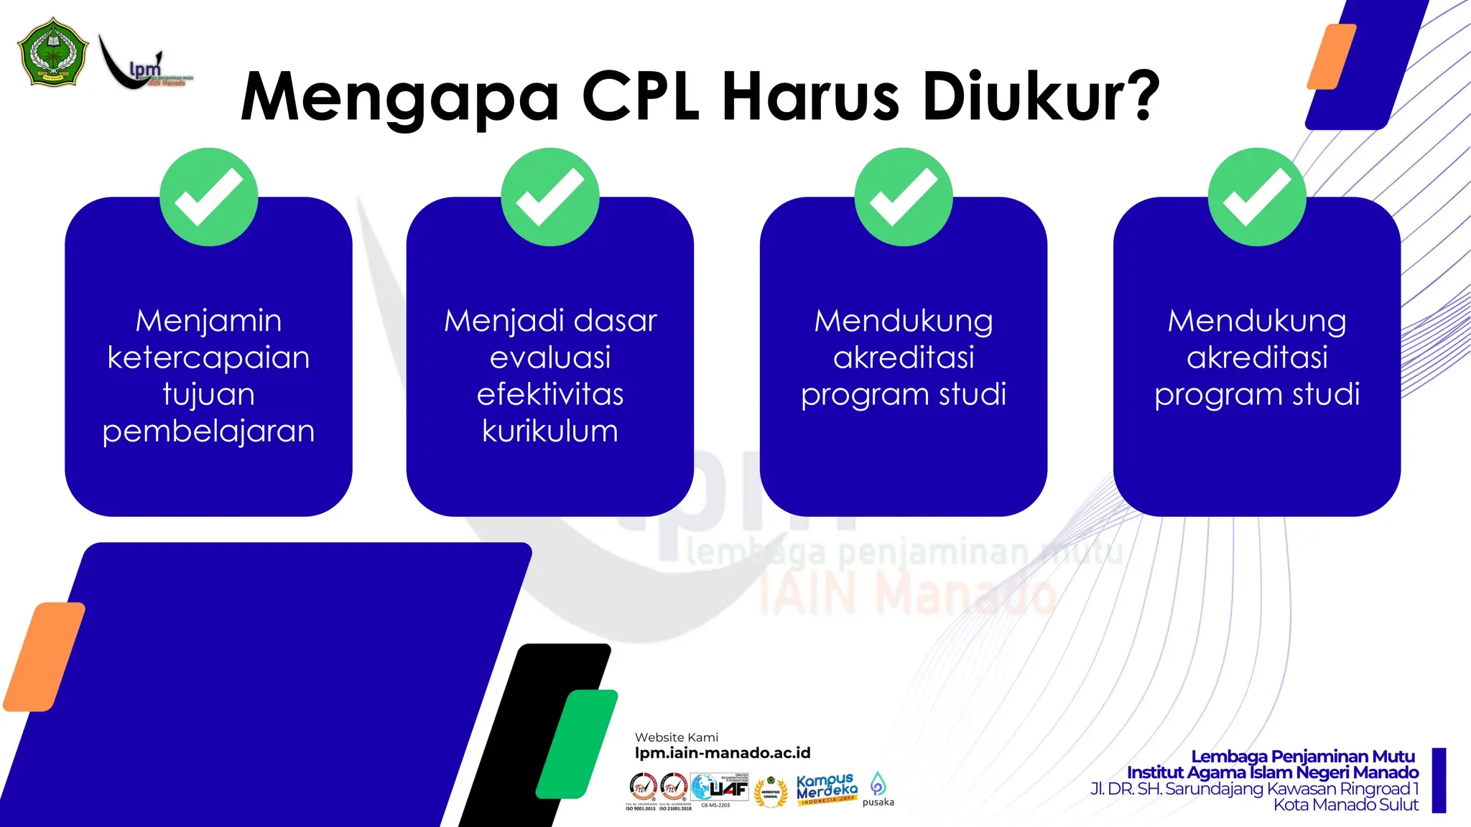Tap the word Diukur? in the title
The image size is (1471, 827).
click(1041, 96)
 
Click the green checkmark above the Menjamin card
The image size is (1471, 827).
click(209, 197)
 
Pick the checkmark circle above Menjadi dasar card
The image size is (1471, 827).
click(550, 197)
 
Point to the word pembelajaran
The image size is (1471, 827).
click(208, 431)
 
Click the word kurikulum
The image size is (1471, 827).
click(550, 431)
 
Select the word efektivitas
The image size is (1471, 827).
click(550, 394)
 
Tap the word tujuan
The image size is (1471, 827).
click(208, 395)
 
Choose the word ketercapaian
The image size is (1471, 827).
click(208, 358)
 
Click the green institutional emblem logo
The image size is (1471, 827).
click(53, 52)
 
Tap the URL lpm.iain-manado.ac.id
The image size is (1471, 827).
click(722, 753)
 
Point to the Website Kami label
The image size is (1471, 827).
click(676, 737)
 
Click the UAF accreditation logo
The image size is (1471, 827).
click(720, 789)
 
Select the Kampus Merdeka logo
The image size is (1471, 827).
click(827, 789)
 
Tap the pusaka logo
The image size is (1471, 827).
click(878, 789)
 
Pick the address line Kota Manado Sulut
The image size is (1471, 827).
click(1345, 805)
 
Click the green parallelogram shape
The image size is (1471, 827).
click(577, 744)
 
